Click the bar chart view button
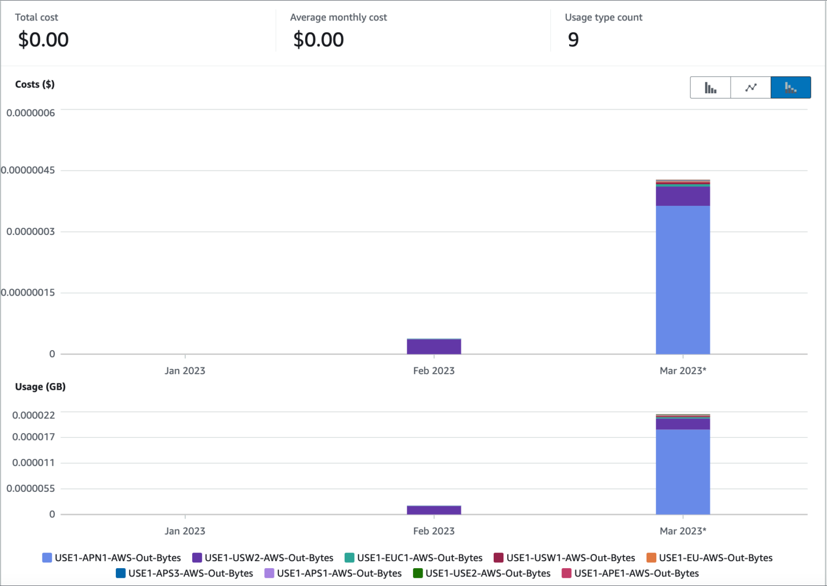(x=710, y=88)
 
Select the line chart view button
(x=751, y=88)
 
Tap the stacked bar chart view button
(x=790, y=88)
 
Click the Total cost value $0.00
(x=43, y=40)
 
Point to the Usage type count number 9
(x=573, y=40)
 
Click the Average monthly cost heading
(x=338, y=17)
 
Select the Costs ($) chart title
(x=34, y=85)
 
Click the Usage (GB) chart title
(x=40, y=387)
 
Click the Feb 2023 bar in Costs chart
(x=434, y=346)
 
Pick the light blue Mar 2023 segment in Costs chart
(x=683, y=280)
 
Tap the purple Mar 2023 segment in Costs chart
(x=683, y=196)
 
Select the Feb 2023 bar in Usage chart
(x=434, y=510)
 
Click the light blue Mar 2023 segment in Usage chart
(x=683, y=471)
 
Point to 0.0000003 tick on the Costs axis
(x=31, y=232)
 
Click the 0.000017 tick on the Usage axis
(x=33, y=437)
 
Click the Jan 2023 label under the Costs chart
(x=185, y=371)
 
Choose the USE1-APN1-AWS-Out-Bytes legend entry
(x=111, y=558)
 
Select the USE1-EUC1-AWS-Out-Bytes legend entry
(x=413, y=558)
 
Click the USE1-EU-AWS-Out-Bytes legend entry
(x=709, y=558)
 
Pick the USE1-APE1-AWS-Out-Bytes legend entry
(x=630, y=574)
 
